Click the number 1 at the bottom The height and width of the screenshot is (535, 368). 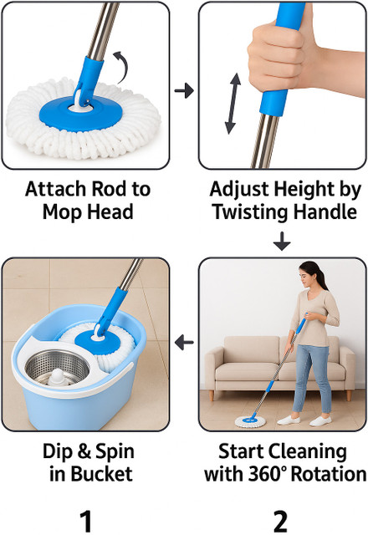(x=86, y=521)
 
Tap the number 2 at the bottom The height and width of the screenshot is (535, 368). (x=280, y=521)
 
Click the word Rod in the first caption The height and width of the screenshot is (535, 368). (x=108, y=189)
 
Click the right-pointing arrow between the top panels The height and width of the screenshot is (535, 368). (x=184, y=90)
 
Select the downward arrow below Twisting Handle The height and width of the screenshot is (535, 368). (x=282, y=242)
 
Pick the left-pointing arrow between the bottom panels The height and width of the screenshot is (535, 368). (x=184, y=342)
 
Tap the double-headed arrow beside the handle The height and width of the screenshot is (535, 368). (x=233, y=103)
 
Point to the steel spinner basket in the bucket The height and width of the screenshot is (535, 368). (x=58, y=368)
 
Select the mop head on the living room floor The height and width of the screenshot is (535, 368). (x=250, y=421)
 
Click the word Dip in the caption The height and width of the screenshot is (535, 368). (x=57, y=451)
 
